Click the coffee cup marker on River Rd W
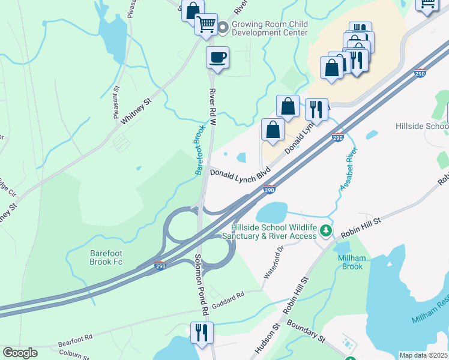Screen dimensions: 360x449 pyautogui.click(x=217, y=58)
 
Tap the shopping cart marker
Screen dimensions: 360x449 pyautogui.click(x=206, y=25)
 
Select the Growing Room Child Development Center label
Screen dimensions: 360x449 pyautogui.click(x=270, y=28)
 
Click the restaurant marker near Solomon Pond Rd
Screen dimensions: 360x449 pyautogui.click(x=202, y=332)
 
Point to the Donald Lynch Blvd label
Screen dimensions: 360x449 pyautogui.click(x=241, y=173)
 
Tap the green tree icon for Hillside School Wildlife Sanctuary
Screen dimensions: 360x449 pyautogui.click(x=325, y=230)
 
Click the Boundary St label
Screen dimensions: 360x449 pyautogui.click(x=306, y=331)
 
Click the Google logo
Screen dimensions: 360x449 pyautogui.click(x=20, y=353)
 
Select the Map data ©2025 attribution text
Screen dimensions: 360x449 pyautogui.click(x=423, y=355)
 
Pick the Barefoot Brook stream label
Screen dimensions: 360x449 pyautogui.click(x=200, y=149)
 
